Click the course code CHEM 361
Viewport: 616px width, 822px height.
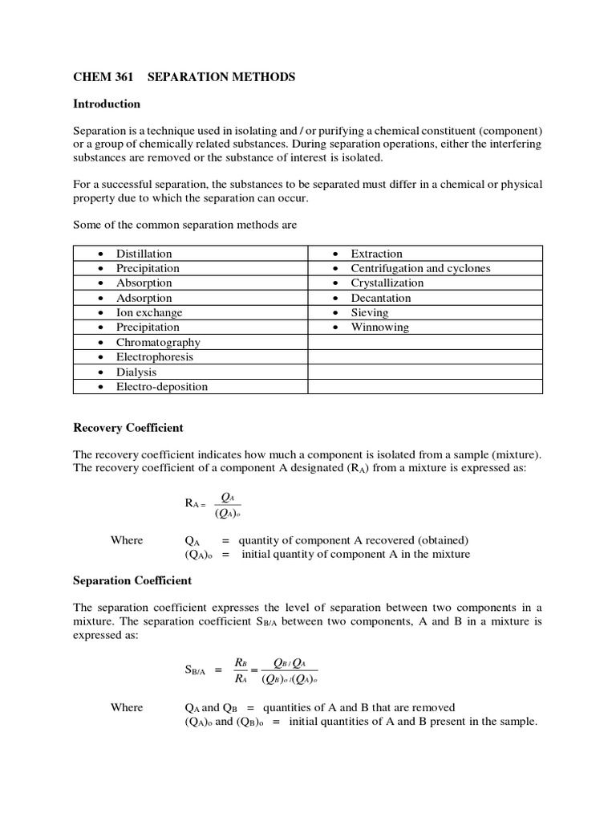pos(101,78)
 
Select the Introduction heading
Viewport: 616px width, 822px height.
pos(107,104)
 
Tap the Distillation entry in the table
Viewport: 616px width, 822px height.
pos(144,254)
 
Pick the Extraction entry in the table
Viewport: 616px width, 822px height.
pos(376,254)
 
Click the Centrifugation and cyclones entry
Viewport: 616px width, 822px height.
pos(420,268)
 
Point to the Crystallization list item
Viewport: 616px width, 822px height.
pos(387,283)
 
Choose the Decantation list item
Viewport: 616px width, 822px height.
pos(381,298)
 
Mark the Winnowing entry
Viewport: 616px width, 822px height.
pos(379,327)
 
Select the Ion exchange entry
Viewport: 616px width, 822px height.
pos(149,312)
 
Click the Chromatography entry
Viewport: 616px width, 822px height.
pos(158,342)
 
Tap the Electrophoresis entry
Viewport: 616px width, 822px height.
pos(155,356)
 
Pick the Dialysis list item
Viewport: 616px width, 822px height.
pos(136,372)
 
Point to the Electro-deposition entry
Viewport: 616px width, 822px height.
pos(162,386)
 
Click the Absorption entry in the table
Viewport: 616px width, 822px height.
pos(144,283)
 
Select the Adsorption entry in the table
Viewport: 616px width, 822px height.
pos(144,298)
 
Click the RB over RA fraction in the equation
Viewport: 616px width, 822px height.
pos(240,669)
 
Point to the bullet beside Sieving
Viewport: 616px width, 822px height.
pos(334,313)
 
